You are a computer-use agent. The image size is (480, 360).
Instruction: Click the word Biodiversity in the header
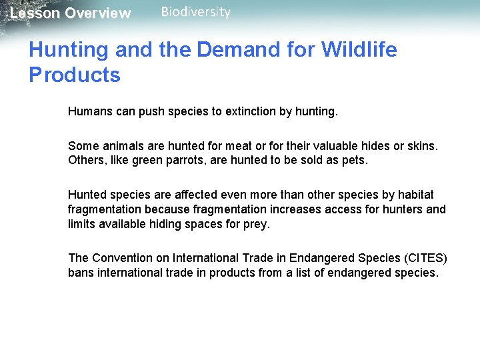click(x=196, y=12)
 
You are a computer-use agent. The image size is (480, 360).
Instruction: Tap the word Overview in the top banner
click(x=98, y=13)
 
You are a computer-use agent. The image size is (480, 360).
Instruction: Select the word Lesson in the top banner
click(x=35, y=13)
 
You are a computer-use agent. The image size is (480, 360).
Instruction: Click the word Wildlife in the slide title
click(x=359, y=50)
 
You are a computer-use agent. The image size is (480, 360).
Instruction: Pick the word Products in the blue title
click(x=75, y=75)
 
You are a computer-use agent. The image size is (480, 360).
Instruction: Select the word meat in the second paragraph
click(x=223, y=146)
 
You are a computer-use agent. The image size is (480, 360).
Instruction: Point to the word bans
click(x=80, y=273)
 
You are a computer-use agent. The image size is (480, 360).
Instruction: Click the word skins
click(x=422, y=146)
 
